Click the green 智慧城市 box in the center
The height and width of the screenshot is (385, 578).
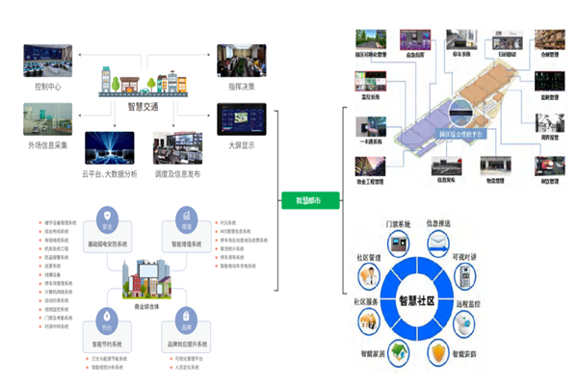pyautogui.click(x=302, y=201)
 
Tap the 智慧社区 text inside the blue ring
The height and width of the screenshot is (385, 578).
pyautogui.click(x=430, y=297)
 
